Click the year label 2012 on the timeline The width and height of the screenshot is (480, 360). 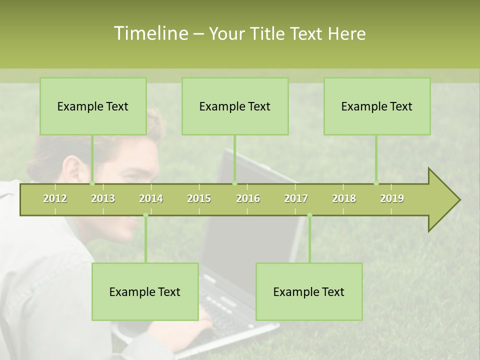(55, 198)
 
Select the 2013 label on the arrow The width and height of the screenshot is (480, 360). (103, 198)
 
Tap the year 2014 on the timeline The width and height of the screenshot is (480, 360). (151, 198)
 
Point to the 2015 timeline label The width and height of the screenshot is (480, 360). (199, 198)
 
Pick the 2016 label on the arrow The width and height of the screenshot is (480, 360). (248, 198)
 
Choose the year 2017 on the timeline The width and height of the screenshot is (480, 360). (296, 198)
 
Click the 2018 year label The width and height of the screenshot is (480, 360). (344, 198)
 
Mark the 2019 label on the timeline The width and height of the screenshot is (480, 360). (392, 198)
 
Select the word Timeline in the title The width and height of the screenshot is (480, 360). (150, 33)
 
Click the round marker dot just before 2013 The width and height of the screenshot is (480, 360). (92, 183)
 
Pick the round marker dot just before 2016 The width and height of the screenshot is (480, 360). (234, 183)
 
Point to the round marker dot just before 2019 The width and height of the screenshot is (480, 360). (376, 183)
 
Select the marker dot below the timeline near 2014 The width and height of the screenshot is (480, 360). (145, 215)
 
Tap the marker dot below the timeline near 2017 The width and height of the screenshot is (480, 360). (309, 215)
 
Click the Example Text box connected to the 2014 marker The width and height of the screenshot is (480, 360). (145, 292)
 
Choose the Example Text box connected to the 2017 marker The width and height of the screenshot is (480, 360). (309, 292)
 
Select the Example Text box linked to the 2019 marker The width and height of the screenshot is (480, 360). (377, 106)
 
